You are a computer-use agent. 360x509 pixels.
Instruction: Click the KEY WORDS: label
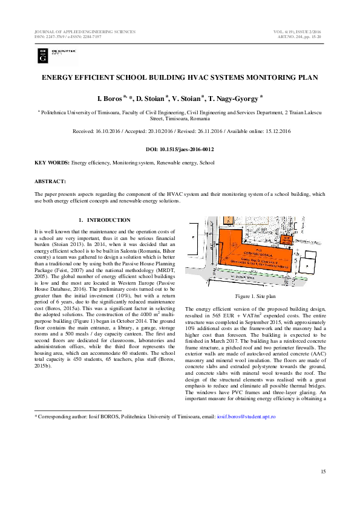52,163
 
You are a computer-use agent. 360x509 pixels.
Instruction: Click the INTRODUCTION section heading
109,220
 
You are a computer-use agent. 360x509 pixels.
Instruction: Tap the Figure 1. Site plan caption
255,297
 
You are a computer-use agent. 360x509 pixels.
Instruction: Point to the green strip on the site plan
254,276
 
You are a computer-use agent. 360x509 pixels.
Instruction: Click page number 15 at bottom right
323,471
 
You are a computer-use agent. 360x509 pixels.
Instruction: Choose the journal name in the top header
85,31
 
